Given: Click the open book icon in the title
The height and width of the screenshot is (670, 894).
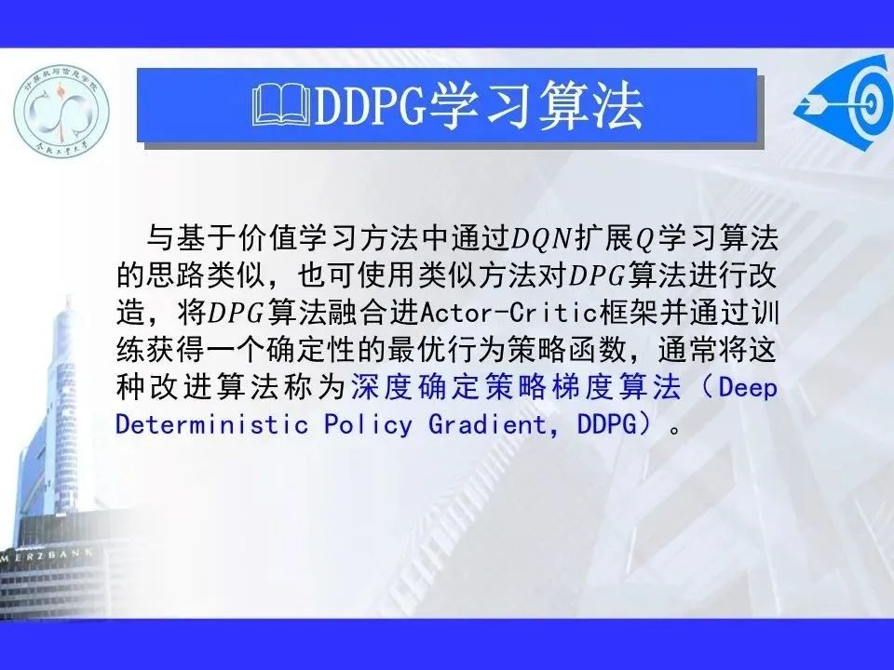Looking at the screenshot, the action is pyautogui.click(x=281, y=105).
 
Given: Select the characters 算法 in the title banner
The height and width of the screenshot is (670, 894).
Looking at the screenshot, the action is pyautogui.click(x=590, y=105).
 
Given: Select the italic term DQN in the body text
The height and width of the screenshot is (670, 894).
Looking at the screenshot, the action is pyautogui.click(x=541, y=239).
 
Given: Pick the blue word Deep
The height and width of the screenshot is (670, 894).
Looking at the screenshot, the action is pyautogui.click(x=748, y=388).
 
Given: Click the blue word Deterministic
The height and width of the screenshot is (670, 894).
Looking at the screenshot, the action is pyautogui.click(x=211, y=424).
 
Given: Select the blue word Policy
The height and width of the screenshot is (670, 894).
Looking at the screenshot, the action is pyautogui.click(x=368, y=425).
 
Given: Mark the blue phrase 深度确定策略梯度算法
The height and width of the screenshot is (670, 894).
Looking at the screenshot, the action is pyautogui.click(x=515, y=387).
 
